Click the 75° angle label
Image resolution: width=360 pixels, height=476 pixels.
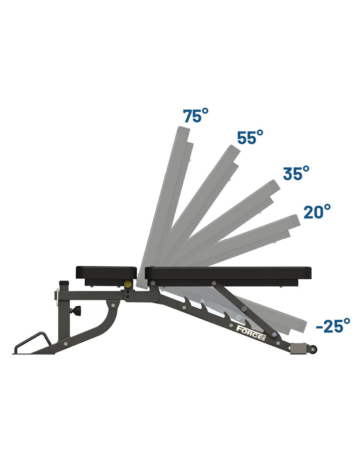click(196, 116)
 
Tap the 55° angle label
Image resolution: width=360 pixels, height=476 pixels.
click(250, 137)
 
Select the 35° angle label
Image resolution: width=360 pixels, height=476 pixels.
click(296, 173)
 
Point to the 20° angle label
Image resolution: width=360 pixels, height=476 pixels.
click(317, 211)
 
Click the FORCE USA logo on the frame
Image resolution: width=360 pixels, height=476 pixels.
click(252, 333)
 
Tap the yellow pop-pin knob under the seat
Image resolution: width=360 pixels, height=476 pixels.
click(128, 283)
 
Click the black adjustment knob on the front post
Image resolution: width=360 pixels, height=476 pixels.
click(76, 311)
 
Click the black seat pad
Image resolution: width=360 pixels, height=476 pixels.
click(106, 273)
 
